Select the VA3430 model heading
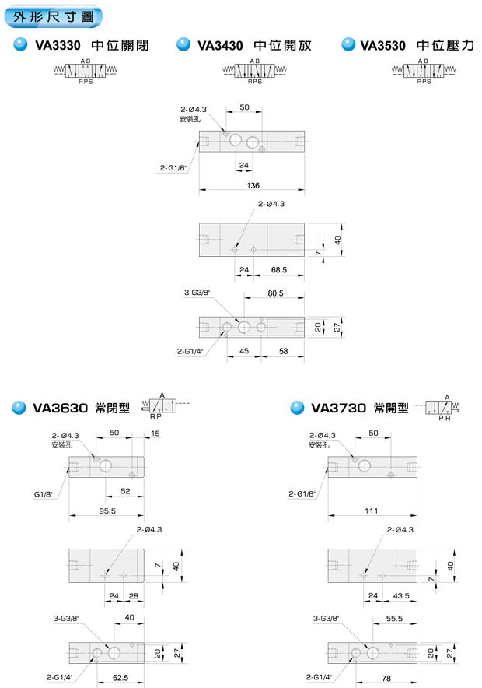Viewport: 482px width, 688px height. click(221, 45)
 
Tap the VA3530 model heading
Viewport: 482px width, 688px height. click(383, 45)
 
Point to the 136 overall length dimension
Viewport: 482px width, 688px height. click(253, 184)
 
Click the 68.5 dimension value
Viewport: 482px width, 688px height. click(279, 269)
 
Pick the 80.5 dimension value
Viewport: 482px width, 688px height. click(274, 293)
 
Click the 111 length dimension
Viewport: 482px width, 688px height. click(371, 511)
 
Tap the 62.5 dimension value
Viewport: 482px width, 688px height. click(120, 678)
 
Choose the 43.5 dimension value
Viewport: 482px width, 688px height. click(403, 595)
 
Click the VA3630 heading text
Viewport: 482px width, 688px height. click(60, 407)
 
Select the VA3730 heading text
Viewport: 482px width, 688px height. click(338, 407)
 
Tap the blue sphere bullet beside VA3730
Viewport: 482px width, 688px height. click(296, 407)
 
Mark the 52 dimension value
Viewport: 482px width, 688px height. click(125, 491)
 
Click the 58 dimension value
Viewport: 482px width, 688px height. click(283, 351)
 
